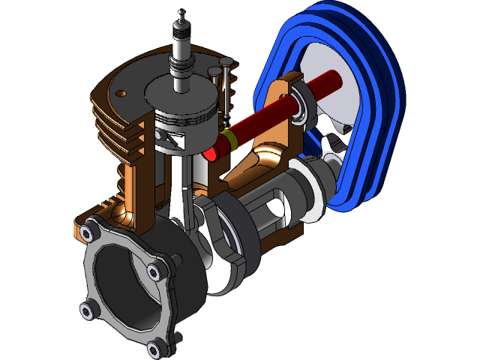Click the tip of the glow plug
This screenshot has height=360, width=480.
180,13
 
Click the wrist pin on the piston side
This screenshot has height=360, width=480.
172,139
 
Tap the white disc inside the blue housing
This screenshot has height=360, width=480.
330,82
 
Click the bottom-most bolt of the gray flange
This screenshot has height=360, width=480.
154,348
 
